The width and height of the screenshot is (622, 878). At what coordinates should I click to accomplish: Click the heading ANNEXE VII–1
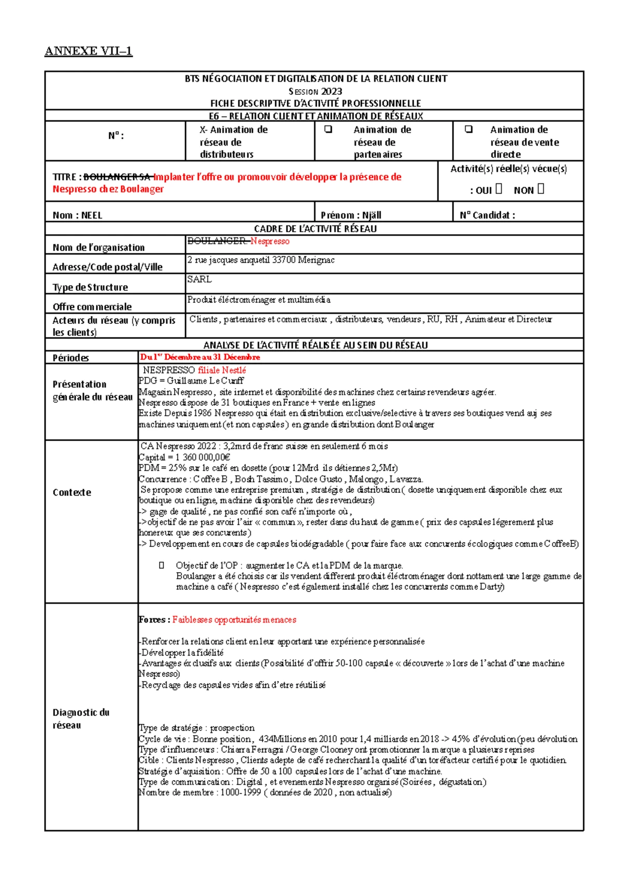click(89, 51)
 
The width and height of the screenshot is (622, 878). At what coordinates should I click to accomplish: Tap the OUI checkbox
click(499, 189)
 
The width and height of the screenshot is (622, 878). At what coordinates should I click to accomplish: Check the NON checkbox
click(541, 189)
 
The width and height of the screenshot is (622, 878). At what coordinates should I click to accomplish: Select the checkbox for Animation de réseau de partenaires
click(328, 130)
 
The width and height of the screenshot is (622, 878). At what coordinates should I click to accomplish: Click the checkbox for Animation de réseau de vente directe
click(469, 130)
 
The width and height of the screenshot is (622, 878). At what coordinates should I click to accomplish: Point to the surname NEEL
click(92, 215)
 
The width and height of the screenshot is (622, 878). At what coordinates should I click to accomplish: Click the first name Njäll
click(372, 215)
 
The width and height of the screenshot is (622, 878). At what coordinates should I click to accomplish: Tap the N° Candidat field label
click(487, 215)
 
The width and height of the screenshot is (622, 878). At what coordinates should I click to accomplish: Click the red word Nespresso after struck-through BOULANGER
click(270, 241)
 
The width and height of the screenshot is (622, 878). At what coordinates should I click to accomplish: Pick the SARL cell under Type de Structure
click(200, 279)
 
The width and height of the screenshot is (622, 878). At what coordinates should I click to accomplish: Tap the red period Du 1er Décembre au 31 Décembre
click(200, 357)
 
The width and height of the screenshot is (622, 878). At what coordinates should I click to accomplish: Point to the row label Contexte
click(72, 492)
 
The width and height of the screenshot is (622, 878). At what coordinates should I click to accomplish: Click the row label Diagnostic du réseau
click(81, 719)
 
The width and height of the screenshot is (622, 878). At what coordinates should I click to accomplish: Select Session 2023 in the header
click(315, 91)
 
